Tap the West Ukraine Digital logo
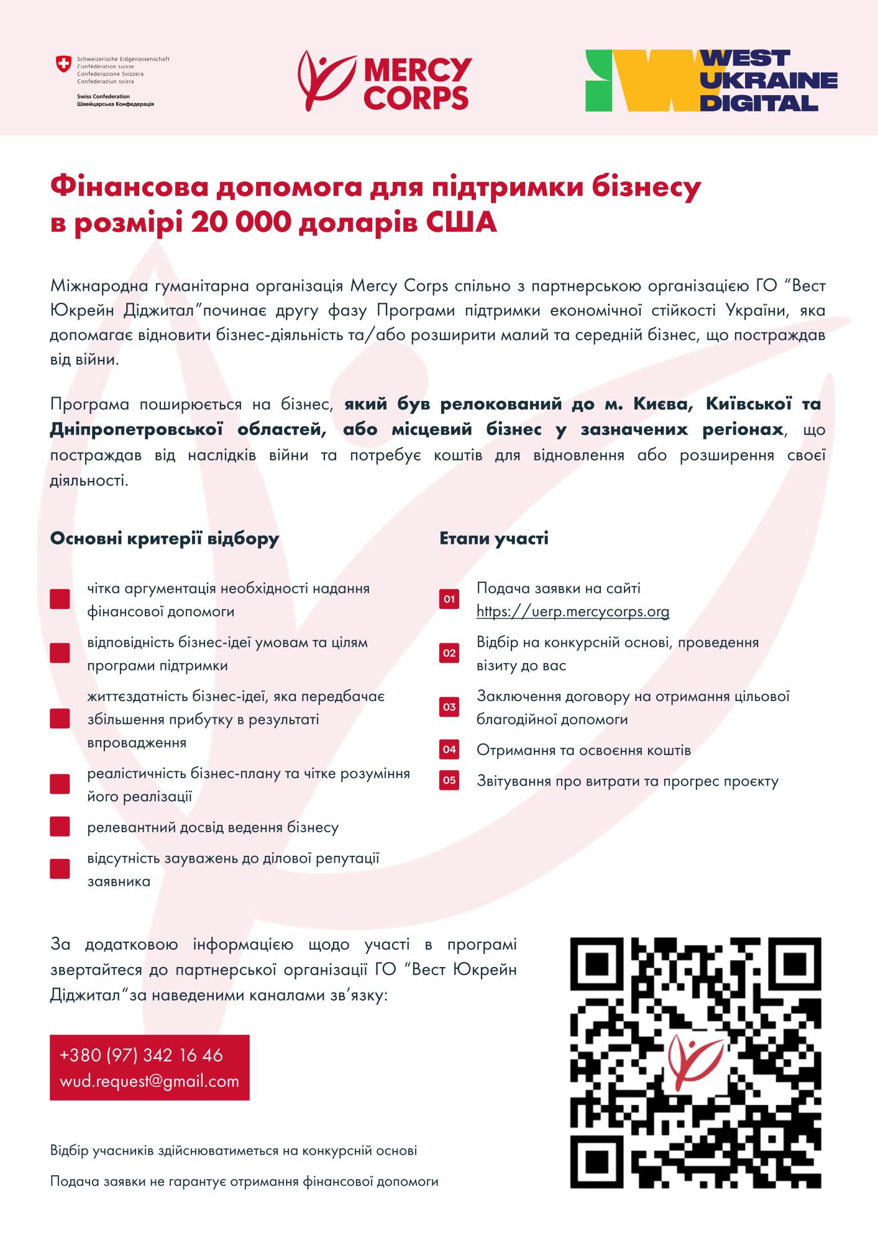pos(711,81)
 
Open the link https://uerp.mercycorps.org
pos(573,612)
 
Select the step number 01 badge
pos(449,600)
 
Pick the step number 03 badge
pos(449,707)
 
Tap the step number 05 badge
pos(449,781)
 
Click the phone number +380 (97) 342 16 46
pos(141,1055)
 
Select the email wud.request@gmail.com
pos(149,1081)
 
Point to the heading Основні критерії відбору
pos(165,538)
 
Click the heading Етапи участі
pos(494,538)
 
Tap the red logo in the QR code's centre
pos(695,1062)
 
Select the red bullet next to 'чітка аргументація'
pos(60,600)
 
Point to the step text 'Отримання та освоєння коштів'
pos(583,750)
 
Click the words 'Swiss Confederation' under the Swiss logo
pos(103,96)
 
